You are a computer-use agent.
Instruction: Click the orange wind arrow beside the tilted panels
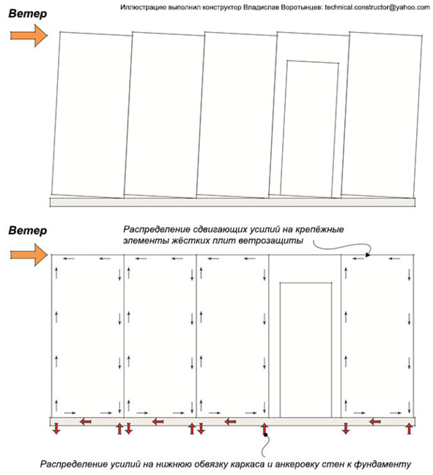pos(29,36)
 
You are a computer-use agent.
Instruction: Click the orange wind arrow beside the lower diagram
pos(29,255)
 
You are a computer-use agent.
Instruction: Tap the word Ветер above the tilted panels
pos(28,13)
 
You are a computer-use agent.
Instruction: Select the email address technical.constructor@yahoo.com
pos(377,7)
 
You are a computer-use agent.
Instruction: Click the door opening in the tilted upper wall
pos(309,130)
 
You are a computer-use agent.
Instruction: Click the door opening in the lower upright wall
pos(306,350)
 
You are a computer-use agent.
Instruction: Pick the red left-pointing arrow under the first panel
pos(86,422)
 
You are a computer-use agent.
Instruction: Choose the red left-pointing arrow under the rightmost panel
pos(375,422)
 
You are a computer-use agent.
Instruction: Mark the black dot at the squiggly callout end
pos(266,435)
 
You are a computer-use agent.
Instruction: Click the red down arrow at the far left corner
pos(56,429)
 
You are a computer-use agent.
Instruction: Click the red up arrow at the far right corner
pos(409,429)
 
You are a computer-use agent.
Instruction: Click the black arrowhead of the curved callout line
pos(368,255)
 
